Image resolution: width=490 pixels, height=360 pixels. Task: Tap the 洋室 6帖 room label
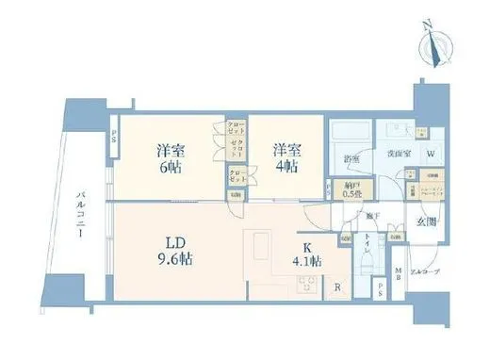pos(170,157)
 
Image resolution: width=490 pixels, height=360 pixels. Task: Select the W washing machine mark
pos(430,155)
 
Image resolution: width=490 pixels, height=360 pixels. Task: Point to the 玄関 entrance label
pos(427,222)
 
